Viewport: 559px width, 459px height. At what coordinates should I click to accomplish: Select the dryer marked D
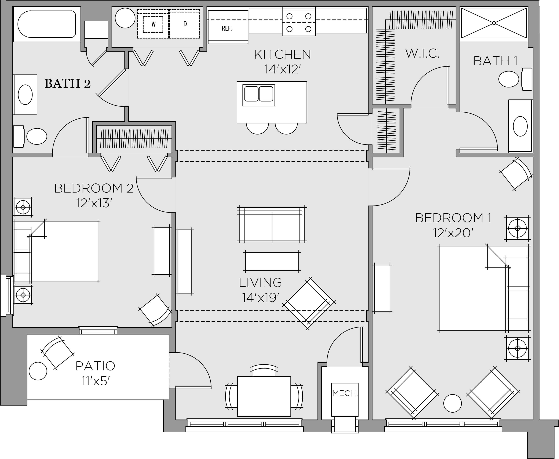(x=185, y=24)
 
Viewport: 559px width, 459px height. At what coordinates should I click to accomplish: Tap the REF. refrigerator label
(x=227, y=28)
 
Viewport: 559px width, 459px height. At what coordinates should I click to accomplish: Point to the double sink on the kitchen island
(x=259, y=94)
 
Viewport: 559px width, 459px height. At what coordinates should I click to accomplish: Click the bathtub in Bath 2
(x=47, y=24)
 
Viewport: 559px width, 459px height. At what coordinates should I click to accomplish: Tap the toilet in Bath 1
(x=514, y=79)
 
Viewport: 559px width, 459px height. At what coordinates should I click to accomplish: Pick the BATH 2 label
(x=68, y=84)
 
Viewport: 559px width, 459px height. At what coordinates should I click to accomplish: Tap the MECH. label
(x=345, y=393)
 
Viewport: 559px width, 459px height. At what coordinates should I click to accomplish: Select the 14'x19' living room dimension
(x=260, y=298)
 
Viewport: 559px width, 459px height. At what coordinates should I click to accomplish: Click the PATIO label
(x=95, y=366)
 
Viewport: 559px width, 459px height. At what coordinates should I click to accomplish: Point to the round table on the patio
(x=38, y=371)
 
